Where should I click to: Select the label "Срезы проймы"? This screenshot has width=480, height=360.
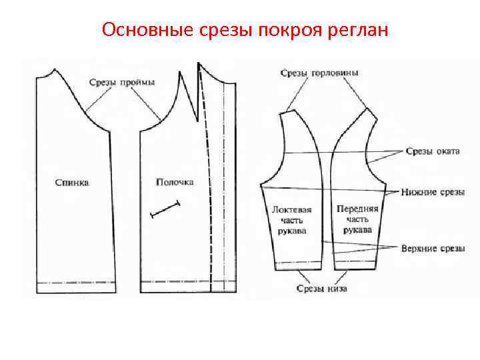click(x=123, y=82)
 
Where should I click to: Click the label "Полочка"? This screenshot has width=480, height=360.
click(x=175, y=181)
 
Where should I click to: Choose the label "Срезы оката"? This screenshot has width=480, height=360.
click(x=433, y=151)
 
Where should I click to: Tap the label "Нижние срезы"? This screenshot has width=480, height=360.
click(x=433, y=192)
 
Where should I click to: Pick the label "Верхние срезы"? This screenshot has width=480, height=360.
click(x=433, y=249)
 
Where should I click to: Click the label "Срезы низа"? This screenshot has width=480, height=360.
click(x=322, y=289)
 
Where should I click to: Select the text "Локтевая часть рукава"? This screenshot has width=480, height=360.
click(x=291, y=220)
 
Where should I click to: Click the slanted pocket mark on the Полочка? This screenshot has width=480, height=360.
click(x=167, y=208)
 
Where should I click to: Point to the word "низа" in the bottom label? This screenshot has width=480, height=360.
click(x=337, y=289)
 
